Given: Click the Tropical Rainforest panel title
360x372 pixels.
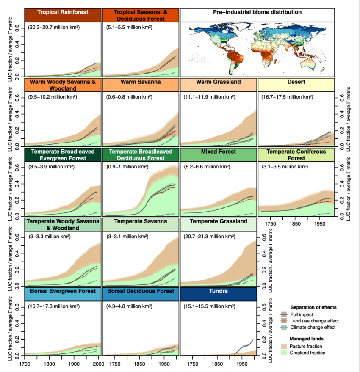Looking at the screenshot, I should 63,12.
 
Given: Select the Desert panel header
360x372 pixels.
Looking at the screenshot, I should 296,82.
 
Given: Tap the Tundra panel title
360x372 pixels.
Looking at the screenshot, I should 218,292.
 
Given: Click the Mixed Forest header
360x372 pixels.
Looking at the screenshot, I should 219,152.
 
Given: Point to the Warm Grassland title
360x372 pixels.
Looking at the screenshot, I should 218,82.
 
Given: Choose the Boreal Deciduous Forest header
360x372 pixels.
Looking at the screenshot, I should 141,292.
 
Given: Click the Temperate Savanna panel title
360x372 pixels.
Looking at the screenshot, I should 141,221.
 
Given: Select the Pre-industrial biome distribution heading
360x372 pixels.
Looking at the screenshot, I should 257,12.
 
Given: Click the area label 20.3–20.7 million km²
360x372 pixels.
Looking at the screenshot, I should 52,28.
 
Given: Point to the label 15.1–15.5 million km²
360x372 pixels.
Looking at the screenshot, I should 209,306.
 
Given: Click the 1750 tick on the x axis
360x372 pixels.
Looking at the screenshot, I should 271,223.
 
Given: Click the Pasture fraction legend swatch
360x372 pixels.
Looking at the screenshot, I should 284,346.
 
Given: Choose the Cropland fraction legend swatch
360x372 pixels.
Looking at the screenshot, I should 284,353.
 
